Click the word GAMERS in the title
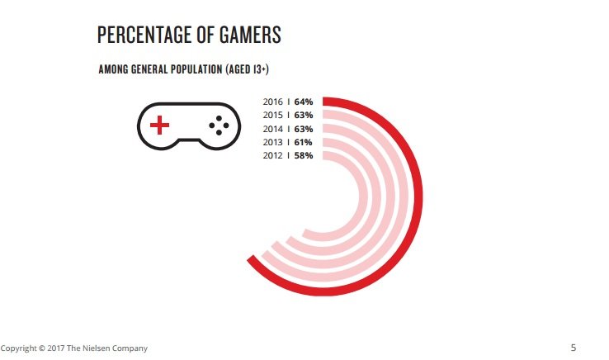click(x=252, y=35)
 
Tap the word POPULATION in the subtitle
click(x=188, y=70)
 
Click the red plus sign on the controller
click(x=158, y=125)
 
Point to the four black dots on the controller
click(x=218, y=125)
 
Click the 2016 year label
click(x=272, y=102)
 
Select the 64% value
click(x=304, y=102)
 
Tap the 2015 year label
click(x=272, y=115)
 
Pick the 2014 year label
click(x=272, y=128)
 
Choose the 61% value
click(x=304, y=142)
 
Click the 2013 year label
click(x=272, y=142)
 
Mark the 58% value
click(x=304, y=155)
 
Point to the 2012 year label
click(x=272, y=155)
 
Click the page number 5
click(x=574, y=346)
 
